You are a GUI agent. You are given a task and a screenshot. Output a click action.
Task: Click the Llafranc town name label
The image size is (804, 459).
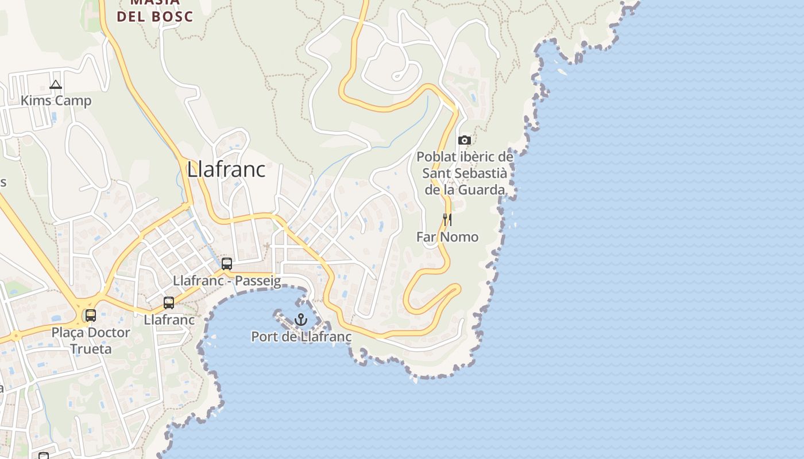226,169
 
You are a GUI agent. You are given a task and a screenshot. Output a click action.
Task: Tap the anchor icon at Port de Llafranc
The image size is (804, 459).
301,320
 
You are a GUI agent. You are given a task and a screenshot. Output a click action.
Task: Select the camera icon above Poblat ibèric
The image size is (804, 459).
465,140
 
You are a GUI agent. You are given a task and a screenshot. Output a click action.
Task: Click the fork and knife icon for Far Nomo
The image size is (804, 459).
447,219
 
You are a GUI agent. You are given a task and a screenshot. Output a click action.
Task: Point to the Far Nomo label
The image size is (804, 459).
447,236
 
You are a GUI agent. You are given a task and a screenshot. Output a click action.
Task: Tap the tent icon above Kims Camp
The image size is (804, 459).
55,85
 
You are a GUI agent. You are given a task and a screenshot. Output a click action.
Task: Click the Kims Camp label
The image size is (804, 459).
56,101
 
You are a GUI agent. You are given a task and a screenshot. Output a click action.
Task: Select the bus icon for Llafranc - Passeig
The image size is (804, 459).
227,264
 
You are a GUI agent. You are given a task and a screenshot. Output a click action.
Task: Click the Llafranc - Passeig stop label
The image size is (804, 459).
227,281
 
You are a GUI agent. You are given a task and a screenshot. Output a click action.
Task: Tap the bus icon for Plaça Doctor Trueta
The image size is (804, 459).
91,316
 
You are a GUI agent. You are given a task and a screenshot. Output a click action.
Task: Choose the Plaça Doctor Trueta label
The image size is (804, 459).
91,340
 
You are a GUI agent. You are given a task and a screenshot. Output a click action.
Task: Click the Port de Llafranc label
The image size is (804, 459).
301,337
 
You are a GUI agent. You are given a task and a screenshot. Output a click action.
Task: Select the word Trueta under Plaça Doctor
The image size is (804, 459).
91,349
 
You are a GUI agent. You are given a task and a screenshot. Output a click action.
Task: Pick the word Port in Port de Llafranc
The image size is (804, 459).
264,337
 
